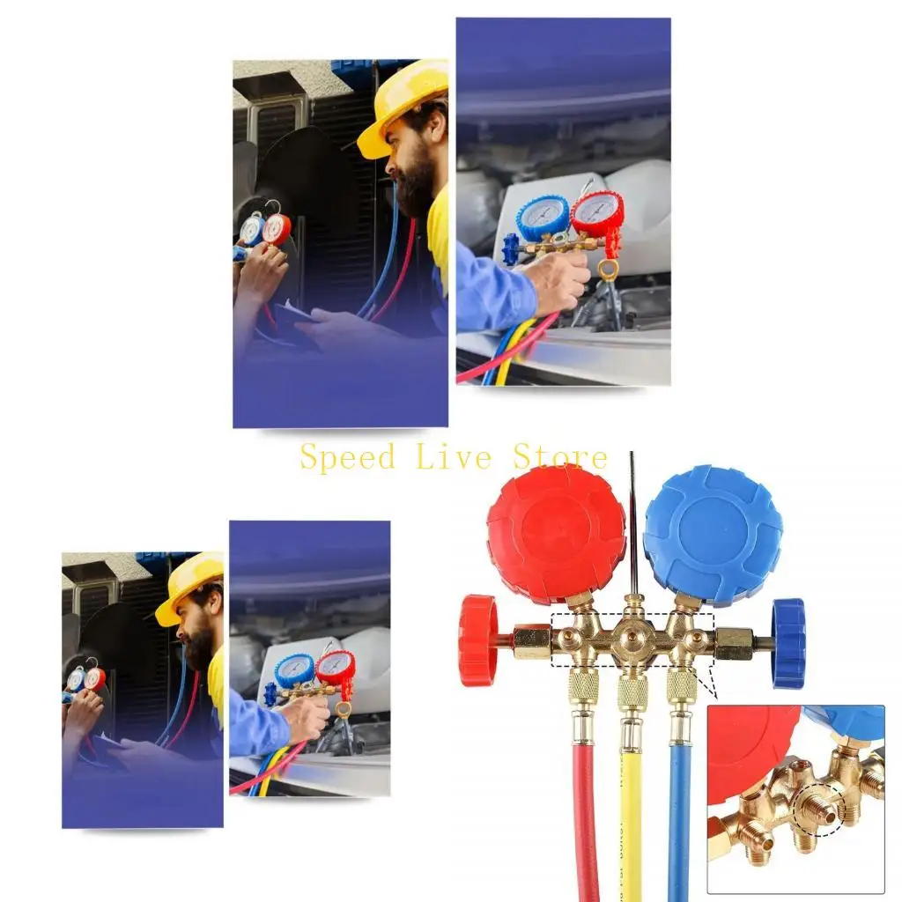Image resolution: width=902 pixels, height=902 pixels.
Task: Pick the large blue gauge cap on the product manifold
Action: click(713, 535)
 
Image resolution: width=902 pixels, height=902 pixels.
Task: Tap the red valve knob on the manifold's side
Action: click(477, 640)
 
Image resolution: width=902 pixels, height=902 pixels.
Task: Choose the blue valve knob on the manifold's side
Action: click(788, 643)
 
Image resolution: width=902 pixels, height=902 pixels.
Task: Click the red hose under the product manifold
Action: click(585, 819)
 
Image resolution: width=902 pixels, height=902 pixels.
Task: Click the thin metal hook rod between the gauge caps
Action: click(632, 520)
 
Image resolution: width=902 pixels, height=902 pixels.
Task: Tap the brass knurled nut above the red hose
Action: click(583, 686)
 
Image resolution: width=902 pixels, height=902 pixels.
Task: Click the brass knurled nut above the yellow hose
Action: click(632, 691)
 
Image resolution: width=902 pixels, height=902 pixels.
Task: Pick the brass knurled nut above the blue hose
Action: click(681, 686)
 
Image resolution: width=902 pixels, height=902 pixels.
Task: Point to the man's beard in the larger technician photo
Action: click(415, 188)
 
